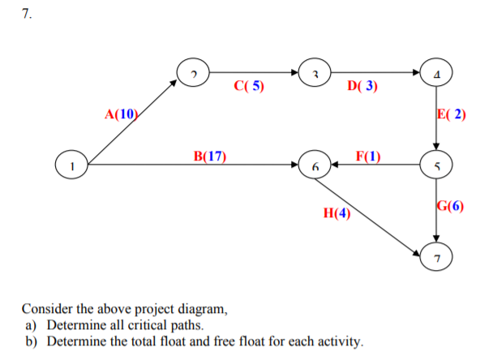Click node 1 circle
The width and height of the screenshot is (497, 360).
[71, 165]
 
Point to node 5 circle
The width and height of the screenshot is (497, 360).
[435, 165]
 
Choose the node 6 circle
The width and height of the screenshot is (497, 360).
[315, 165]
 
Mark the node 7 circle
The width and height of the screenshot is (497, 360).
[435, 257]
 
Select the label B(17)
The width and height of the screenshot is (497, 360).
[209, 155]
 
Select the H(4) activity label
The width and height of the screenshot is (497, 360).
[336, 215]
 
